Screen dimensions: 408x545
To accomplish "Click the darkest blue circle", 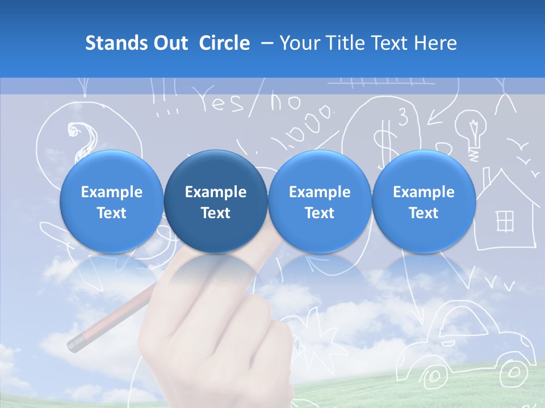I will point(216,202).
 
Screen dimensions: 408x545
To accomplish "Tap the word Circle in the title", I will point(224,43).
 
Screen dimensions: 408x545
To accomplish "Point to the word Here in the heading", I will point(435,43).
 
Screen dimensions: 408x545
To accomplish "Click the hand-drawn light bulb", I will point(471,131).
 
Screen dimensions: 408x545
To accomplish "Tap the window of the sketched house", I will point(505,220).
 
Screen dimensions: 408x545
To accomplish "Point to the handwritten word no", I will point(285,102).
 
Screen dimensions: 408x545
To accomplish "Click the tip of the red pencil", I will point(73,344).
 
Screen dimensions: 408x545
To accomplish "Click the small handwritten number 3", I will point(403,118).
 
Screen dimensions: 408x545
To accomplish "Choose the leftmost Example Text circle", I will point(112,202).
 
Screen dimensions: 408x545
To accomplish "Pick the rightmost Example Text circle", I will point(424,202).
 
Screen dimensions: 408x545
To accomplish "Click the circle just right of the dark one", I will point(320,202).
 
